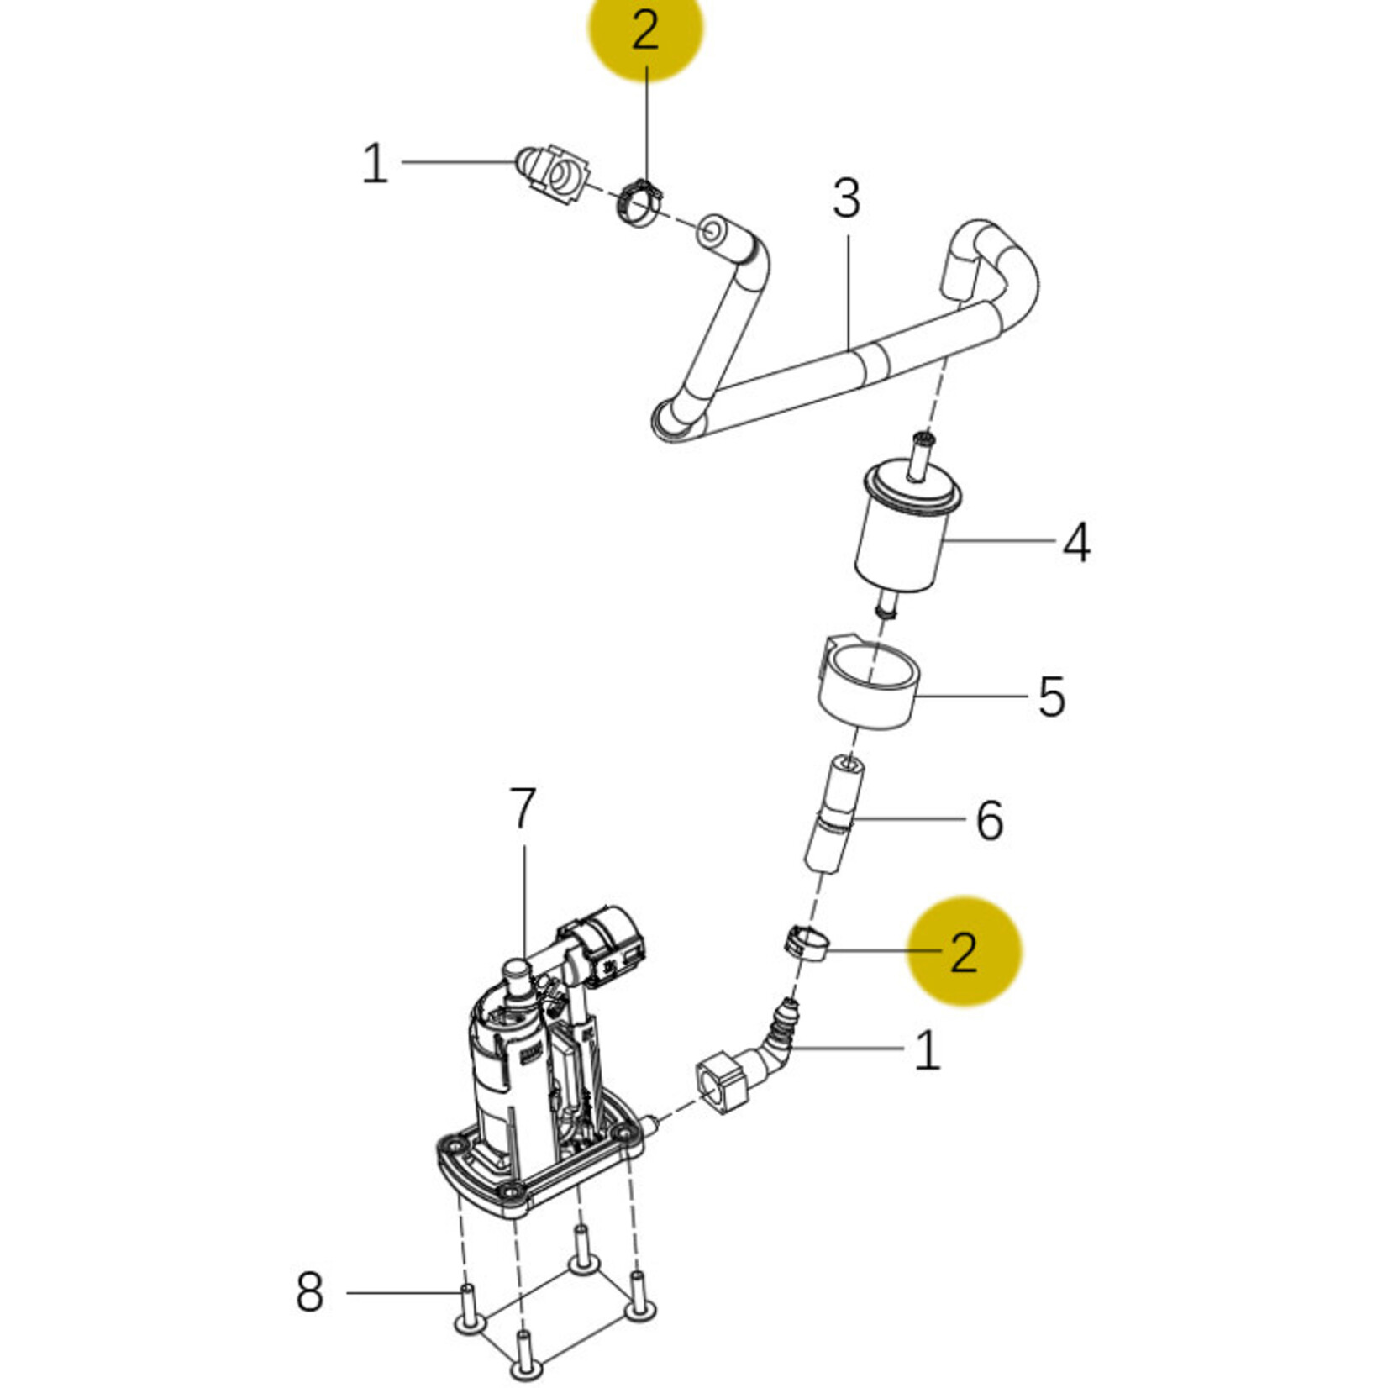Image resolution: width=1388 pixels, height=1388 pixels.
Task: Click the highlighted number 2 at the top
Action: (644, 33)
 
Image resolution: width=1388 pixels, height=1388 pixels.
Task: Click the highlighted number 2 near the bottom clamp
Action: (964, 952)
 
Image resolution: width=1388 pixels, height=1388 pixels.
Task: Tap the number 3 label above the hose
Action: (846, 199)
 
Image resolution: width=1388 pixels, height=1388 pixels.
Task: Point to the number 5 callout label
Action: (1051, 697)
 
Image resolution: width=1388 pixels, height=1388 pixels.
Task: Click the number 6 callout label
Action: (990, 819)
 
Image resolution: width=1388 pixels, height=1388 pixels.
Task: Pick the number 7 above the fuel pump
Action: (523, 808)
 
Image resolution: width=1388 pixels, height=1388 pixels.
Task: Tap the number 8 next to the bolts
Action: (309, 1291)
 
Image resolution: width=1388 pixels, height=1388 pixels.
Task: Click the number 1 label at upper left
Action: (375, 163)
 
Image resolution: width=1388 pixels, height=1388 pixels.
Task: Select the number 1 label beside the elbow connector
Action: (927, 1049)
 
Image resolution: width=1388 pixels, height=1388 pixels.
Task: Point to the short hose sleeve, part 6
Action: (831, 814)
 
